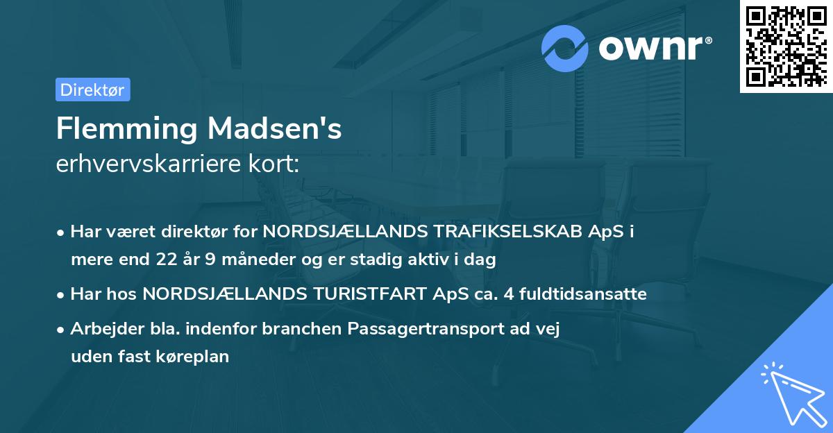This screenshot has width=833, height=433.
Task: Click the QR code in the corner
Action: (786, 46)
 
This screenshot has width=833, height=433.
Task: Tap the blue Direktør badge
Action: (92, 90)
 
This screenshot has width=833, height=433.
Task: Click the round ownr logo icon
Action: (565, 48)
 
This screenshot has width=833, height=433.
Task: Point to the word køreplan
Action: (195, 357)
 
